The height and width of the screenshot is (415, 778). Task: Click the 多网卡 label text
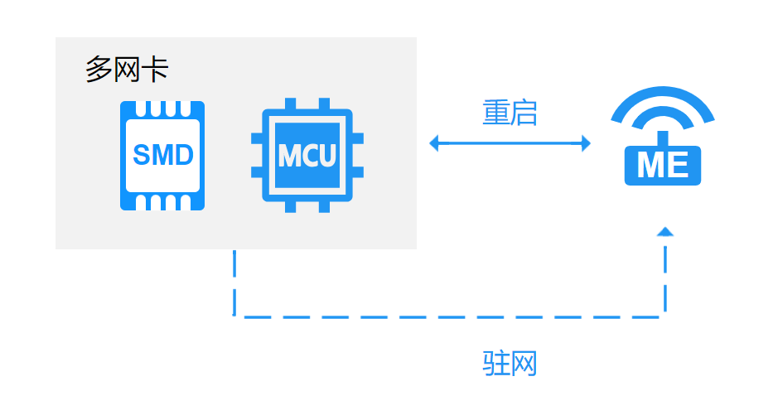click(127, 70)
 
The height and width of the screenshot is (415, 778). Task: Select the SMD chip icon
click(162, 156)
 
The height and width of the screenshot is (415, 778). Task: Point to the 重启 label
click(510, 113)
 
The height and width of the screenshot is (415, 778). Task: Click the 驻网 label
click(510, 364)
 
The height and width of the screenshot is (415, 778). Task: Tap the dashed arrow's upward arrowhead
click(664, 232)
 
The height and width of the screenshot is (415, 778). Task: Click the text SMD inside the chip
click(162, 155)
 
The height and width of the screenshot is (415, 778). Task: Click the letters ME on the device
click(662, 166)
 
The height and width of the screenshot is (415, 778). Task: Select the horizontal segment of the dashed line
click(447, 316)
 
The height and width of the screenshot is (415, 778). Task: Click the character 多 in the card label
click(99, 70)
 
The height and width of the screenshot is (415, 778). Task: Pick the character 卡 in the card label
click(155, 70)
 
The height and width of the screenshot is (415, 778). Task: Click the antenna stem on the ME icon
click(662, 138)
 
